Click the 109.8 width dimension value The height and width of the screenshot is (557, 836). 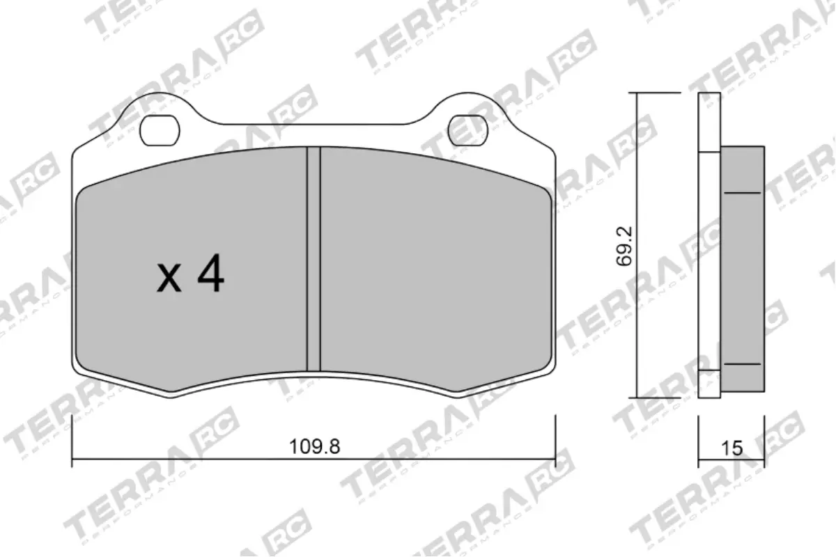314,447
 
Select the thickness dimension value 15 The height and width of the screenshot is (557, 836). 731,448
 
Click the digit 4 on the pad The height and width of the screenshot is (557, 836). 210,274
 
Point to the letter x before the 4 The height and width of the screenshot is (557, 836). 169,278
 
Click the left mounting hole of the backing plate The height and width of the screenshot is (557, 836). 160,130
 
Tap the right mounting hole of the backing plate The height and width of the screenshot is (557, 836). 469,130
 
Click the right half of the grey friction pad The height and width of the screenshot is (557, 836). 432,272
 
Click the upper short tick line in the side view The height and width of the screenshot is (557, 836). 742,193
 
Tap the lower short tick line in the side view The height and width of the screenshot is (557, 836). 742,364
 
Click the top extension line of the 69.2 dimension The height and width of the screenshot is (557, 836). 655,93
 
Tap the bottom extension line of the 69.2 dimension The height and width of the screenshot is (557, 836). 655,398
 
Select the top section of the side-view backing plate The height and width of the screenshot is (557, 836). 709,122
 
